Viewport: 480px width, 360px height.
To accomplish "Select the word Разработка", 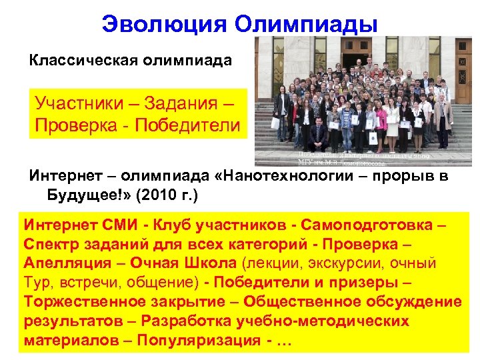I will pyautogui.click(x=189, y=321).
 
